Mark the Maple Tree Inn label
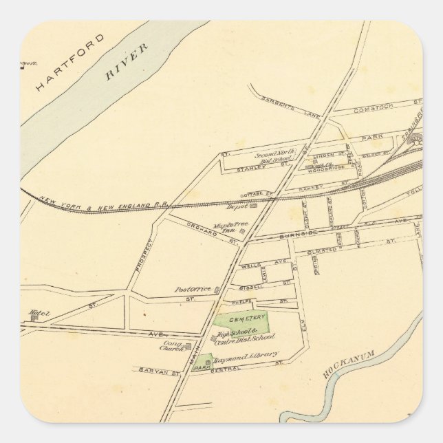[224, 228]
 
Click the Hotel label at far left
[39, 314]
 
